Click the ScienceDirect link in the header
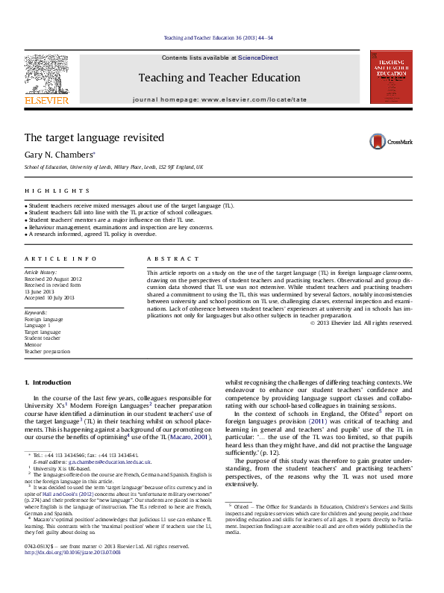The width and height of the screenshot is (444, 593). [x=258, y=58]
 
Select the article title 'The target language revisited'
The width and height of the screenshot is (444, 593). [x=94, y=137]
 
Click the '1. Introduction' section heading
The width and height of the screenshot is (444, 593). [x=48, y=382]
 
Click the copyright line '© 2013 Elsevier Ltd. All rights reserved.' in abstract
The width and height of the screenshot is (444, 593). [x=360, y=322]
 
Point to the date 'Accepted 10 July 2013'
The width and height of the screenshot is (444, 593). [x=50, y=297]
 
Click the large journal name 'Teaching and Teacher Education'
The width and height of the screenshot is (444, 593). [x=219, y=78]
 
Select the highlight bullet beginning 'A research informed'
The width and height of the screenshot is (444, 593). [x=91, y=235]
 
